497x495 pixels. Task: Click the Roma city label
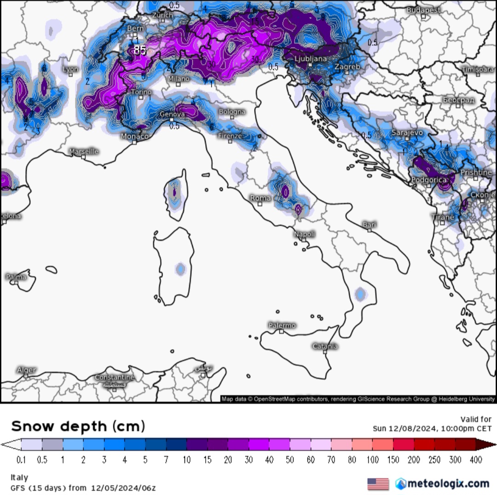[260, 198]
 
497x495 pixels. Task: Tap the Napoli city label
[305, 234]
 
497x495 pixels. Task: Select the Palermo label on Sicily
[282, 325]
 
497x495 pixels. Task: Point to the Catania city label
[325, 346]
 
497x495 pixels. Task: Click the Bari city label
[370, 224]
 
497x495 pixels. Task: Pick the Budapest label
[423, 10]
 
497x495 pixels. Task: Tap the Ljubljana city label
[311, 59]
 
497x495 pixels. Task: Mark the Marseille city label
[84, 151]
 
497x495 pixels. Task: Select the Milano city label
[179, 79]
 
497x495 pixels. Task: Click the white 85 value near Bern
[140, 50]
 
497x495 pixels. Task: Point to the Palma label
[16, 277]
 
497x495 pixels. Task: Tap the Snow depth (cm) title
[78, 426]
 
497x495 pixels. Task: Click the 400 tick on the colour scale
[475, 460]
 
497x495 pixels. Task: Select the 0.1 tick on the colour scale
[21, 460]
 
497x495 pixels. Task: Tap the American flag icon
[378, 484]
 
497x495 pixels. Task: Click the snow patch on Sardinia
[180, 269]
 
